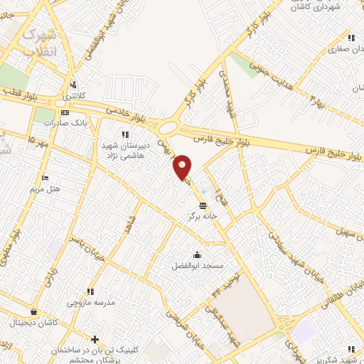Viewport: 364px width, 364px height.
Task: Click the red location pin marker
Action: click(183, 167)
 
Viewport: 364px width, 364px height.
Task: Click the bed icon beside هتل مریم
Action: click(45, 178)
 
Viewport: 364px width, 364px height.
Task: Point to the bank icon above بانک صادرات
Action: click(65, 112)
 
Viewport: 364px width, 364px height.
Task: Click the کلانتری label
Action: click(73, 95)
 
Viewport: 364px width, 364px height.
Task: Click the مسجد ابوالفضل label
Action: click(198, 265)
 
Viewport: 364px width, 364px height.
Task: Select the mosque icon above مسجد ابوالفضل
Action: click(197, 255)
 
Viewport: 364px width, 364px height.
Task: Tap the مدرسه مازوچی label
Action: click(90, 303)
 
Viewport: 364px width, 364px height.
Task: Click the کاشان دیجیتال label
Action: click(33, 322)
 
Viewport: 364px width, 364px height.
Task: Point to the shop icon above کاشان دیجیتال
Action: click(33, 311)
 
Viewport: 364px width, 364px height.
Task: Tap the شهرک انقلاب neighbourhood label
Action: click(39, 42)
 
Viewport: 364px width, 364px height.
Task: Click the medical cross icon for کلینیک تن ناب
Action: click(95, 339)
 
